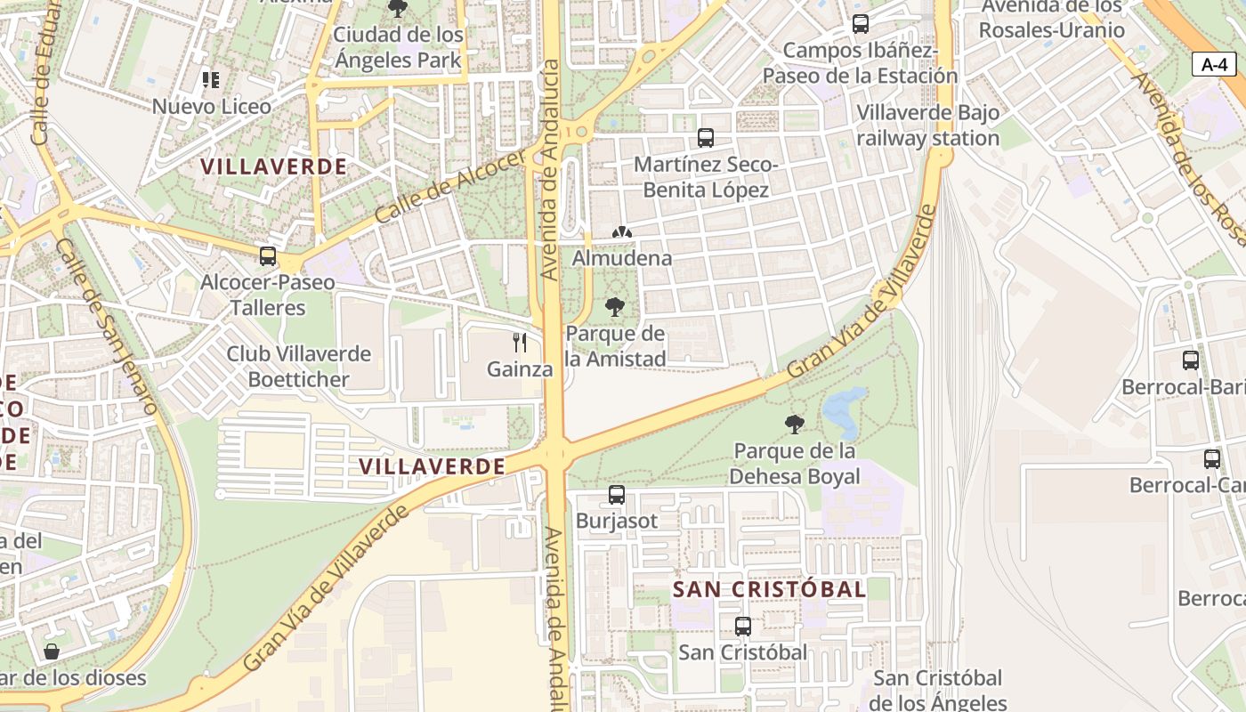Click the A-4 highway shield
pyautogui.click(x=1214, y=64)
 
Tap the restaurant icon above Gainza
pyautogui.click(x=521, y=342)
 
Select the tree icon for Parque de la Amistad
pyautogui.click(x=614, y=308)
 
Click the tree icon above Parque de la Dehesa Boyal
pyautogui.click(x=795, y=424)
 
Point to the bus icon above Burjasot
pyautogui.click(x=616, y=495)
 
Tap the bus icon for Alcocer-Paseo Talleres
pyautogui.click(x=267, y=256)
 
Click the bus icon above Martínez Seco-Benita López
pyautogui.click(x=706, y=138)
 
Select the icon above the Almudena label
pyautogui.click(x=621, y=232)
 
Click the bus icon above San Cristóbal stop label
pyautogui.click(x=742, y=627)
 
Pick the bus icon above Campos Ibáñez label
pyautogui.click(x=860, y=24)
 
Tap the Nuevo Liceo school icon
pyautogui.click(x=210, y=81)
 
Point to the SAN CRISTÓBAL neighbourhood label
pyautogui.click(x=769, y=589)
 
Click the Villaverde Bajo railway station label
pyautogui.click(x=927, y=125)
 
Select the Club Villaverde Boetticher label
pyautogui.click(x=298, y=366)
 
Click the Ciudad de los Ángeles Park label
pyautogui.click(x=398, y=47)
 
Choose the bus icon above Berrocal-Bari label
pyautogui.click(x=1191, y=360)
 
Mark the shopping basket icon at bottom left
pyautogui.click(x=52, y=651)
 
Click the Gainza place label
pyautogui.click(x=520, y=368)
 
